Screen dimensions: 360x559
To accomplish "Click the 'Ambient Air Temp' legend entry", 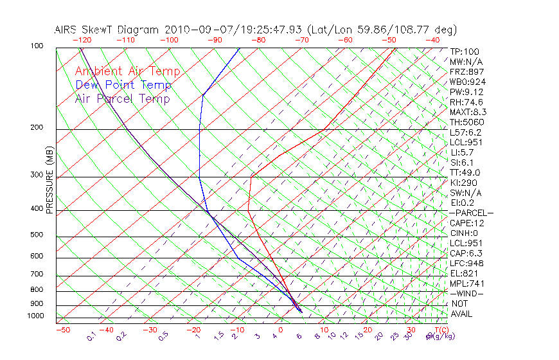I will pos(127,72).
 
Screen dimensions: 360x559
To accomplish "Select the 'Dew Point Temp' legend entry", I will pos(123,85).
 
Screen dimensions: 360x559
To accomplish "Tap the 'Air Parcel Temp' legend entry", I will pos(122,99).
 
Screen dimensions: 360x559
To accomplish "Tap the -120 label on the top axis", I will pos(81,40).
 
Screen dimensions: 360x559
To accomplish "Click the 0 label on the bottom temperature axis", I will pos(281,330).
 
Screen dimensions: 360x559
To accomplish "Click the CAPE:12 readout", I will pos(466,223).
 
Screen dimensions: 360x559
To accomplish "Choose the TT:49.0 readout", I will pos(465,172).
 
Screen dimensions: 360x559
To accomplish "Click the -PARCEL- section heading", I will pos(471,213).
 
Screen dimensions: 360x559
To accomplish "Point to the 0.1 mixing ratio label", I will pos(92,336).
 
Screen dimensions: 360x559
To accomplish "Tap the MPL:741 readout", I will pos(466,283).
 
